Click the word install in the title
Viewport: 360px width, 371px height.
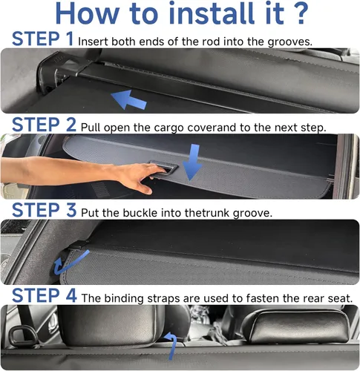(x=212, y=13)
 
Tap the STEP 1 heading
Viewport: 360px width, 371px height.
(x=42, y=39)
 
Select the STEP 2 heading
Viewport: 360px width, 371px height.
(x=44, y=125)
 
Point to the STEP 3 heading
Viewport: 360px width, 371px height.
(x=44, y=210)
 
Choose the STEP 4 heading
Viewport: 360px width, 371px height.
(x=44, y=295)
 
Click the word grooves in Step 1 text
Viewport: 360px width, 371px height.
(x=290, y=42)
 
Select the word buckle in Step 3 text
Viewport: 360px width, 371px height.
(x=140, y=213)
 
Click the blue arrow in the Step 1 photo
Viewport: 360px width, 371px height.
(x=128, y=99)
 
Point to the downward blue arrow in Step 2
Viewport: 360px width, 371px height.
(x=192, y=162)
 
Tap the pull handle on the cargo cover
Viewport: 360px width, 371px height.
(x=163, y=168)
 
